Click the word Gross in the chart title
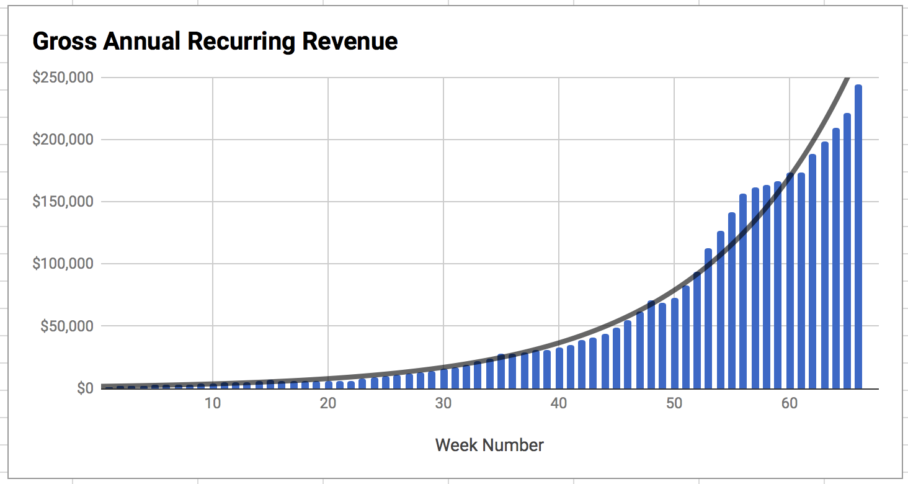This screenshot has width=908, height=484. pos(64,42)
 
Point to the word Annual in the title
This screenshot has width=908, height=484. pos(141,42)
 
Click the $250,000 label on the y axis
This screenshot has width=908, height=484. pos(63,78)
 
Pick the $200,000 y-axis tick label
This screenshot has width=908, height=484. pos(63,140)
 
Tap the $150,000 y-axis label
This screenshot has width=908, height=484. pos(63,202)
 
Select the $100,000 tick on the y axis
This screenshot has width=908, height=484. pos(63,264)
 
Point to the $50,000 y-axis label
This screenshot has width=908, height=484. pos(66,326)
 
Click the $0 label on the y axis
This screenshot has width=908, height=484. pos(85,388)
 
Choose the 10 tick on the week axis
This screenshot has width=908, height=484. pos(212,403)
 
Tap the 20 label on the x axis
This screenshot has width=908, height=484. pos(327,403)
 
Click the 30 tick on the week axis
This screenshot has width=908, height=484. pos(443,403)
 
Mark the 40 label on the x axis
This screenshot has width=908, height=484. pos(558,403)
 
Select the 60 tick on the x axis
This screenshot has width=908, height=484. pos(789,403)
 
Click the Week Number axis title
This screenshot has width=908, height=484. pos(489,445)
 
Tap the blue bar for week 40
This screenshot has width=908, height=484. pos(559,369)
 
